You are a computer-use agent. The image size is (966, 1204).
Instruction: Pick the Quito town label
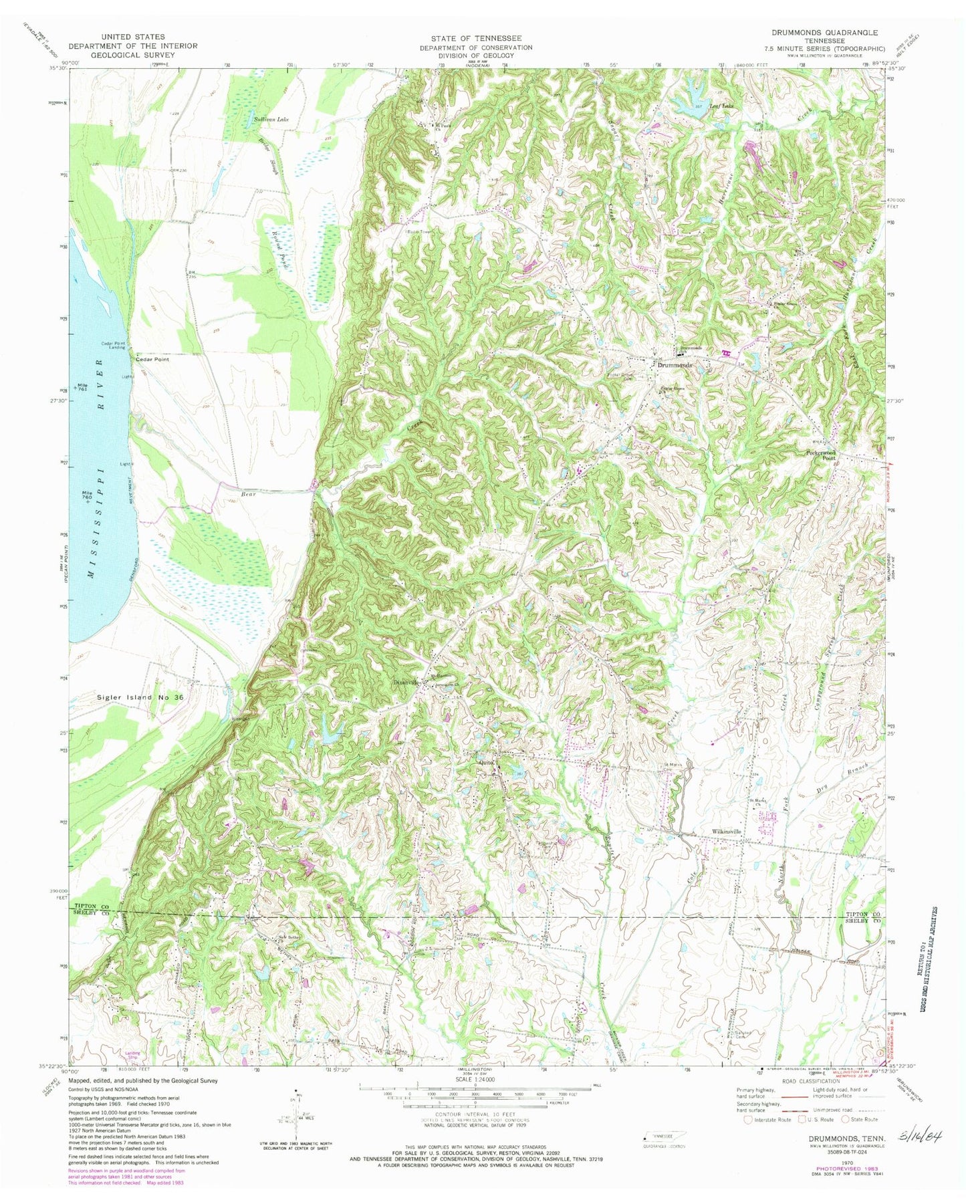(487, 763)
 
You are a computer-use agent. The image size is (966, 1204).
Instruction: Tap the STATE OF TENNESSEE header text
(476, 38)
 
